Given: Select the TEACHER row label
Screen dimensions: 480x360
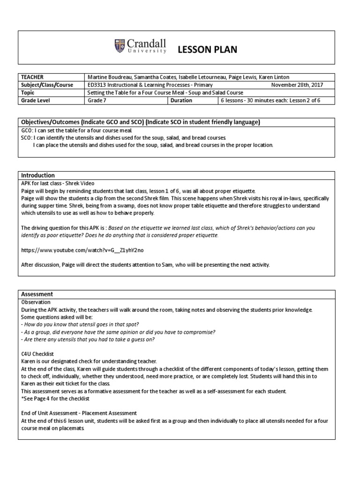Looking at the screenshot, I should pos(32,77).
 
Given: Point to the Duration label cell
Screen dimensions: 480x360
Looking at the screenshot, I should pos(181,100).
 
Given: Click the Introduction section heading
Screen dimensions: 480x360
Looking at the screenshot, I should pos(38,175).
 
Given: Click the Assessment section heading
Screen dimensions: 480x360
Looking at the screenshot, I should pos(37,294).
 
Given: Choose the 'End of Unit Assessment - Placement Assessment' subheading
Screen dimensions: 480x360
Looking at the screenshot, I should pos(79,413).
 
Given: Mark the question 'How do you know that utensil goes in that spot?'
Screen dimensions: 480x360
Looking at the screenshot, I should pos(80,324).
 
